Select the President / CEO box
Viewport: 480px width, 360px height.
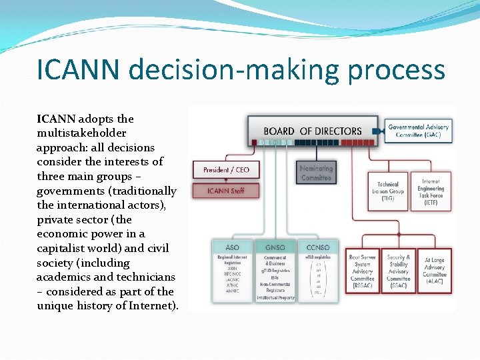pyautogui.click(x=226, y=170)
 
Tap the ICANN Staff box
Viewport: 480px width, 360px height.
pyautogui.click(x=226, y=191)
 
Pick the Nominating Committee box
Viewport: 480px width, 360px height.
pyautogui.click(x=316, y=173)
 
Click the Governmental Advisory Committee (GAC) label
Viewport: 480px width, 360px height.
pyautogui.click(x=419, y=131)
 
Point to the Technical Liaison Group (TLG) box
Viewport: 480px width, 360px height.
pyautogui.click(x=388, y=191)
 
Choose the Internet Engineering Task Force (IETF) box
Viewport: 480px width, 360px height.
pyautogui.click(x=431, y=191)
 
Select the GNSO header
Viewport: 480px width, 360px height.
pyautogui.click(x=274, y=247)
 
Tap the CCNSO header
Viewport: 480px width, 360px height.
pyautogui.click(x=317, y=247)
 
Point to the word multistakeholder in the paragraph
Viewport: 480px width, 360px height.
pyautogui.click(x=81, y=133)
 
